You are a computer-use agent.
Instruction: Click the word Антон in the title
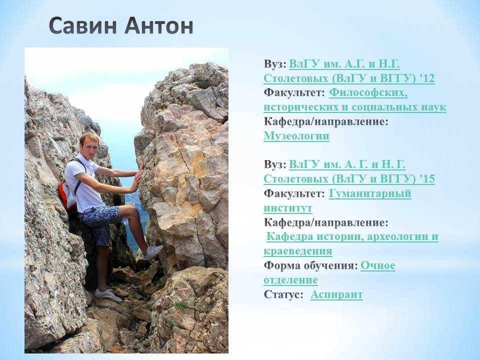tap(159, 25)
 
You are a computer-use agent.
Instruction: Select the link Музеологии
tap(296, 136)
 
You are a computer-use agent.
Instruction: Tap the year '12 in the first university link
tap(427, 78)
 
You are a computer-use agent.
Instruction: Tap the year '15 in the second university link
tap(427, 179)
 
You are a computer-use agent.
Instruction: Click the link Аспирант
tap(336, 294)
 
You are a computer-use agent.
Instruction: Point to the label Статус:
tap(283, 294)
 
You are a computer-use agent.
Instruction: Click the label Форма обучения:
tap(310, 265)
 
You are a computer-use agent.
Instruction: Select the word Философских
tap(368, 92)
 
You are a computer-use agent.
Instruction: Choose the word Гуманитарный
tap(370, 193)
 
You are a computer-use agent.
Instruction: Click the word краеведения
tap(298, 251)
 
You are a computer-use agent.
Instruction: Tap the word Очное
tap(378, 265)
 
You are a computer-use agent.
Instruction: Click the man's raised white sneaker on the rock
tap(153, 252)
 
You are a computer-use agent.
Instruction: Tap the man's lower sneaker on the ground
tap(107, 295)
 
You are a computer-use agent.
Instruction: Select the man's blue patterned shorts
tap(98, 221)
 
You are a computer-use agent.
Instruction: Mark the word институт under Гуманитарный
tap(288, 208)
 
